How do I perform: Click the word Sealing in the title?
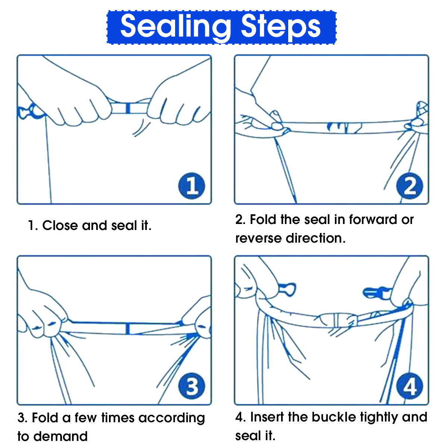[x=175, y=27]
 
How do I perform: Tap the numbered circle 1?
[x=192, y=186]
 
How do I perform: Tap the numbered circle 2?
[x=410, y=186]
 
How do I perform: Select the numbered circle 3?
[x=192, y=386]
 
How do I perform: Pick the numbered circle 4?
[x=410, y=386]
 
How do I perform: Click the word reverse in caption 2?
[x=258, y=238]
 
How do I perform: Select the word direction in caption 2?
[x=315, y=238]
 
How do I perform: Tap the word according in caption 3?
[x=172, y=419]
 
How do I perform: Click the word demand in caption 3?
[x=60, y=436]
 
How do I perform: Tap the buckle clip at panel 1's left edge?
[x=30, y=112]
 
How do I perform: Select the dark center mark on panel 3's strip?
[x=127, y=329]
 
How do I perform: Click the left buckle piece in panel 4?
[x=287, y=289]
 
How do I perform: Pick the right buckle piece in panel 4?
[x=377, y=293]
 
